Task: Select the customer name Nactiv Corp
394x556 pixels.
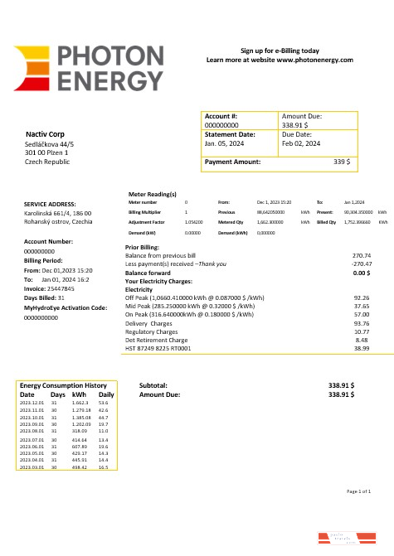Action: pyautogui.click(x=46, y=134)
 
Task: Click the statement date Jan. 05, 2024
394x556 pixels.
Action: pyautogui.click(x=223, y=143)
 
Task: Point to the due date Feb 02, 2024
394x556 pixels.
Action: pyautogui.click(x=301, y=143)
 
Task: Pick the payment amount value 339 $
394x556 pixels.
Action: pyautogui.click(x=342, y=162)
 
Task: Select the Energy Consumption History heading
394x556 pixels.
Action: pyautogui.click(x=63, y=386)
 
